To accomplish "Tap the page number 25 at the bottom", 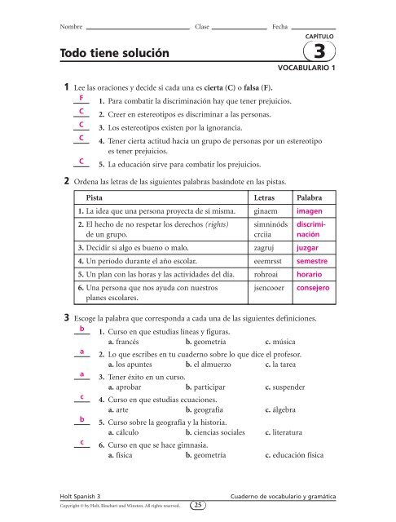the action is click(x=198, y=505).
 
